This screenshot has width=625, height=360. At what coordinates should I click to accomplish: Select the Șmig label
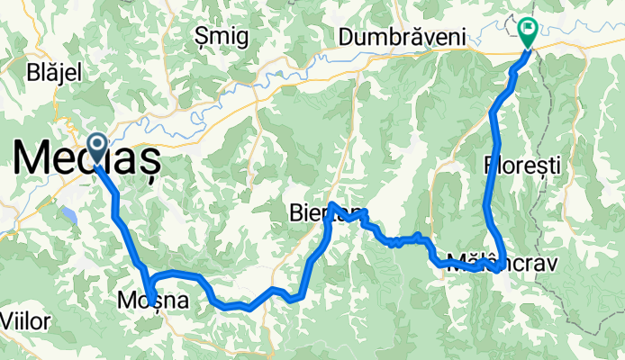219,37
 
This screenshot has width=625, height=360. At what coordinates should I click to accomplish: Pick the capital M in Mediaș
32,160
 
